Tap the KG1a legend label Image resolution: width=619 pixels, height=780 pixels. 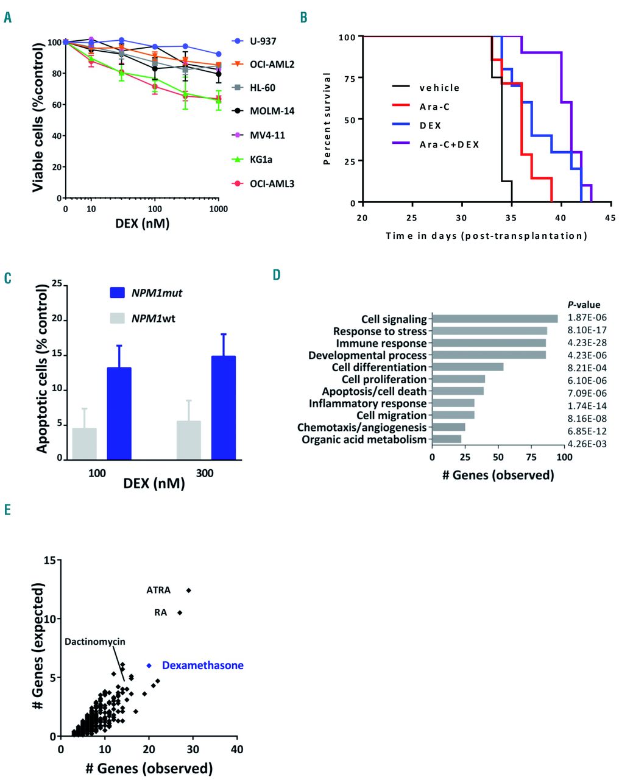tap(261, 160)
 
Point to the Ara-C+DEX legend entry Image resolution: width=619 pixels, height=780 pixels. tap(449, 144)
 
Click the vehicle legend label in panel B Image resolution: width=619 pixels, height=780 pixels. tap(439, 88)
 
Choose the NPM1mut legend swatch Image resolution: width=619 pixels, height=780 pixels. tap(118, 292)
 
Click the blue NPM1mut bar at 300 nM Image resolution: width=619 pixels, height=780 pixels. tap(223, 407)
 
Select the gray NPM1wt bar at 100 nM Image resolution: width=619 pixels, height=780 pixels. tap(84, 443)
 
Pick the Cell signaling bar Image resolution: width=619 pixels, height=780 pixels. tap(495, 319)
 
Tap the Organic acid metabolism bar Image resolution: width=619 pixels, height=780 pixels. tap(447, 439)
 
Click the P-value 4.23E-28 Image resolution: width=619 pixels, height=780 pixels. tap(587, 342)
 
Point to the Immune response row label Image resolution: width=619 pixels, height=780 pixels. tap(381, 343)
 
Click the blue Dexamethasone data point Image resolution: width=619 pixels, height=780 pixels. tap(149, 665)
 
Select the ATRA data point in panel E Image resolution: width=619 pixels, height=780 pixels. tap(189, 590)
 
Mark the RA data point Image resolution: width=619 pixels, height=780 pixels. tap(180, 612)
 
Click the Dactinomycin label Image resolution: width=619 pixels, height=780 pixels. tap(95, 642)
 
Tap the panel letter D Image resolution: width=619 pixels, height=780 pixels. tap(277, 275)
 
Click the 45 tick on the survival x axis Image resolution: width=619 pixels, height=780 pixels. tap(610, 218)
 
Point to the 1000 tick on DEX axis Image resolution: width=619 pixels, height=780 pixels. tap(218, 209)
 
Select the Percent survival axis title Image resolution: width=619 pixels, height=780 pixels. tap(327, 119)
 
